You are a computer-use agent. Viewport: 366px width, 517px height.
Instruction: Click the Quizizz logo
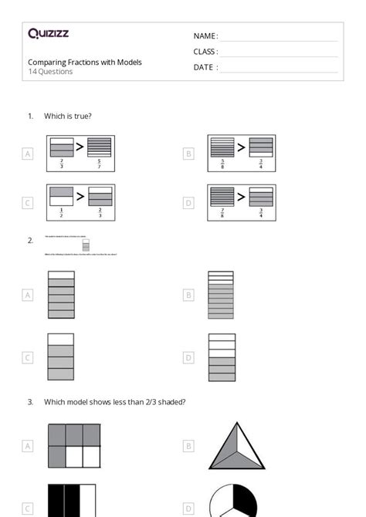tap(48, 33)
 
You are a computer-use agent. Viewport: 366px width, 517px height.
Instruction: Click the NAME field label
tap(205, 36)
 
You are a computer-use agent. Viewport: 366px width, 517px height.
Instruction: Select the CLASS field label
tap(205, 52)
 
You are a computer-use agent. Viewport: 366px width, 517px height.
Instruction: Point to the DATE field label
tap(205, 67)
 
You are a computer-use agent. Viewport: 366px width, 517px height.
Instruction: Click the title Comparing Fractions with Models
tap(85, 62)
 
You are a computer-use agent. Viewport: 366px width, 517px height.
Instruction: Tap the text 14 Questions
tap(50, 72)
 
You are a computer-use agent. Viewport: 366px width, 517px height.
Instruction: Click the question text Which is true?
tap(68, 117)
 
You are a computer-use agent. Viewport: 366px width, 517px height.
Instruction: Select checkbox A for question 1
tap(28, 154)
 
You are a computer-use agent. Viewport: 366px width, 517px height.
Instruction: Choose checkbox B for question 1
tap(188, 154)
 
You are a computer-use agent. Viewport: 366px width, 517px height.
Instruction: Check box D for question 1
tap(188, 203)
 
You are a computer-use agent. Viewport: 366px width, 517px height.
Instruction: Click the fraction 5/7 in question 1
tap(99, 163)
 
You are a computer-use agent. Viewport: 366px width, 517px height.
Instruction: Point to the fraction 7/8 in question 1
tap(222, 213)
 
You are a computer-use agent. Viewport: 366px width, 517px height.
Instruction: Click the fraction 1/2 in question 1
tap(61, 213)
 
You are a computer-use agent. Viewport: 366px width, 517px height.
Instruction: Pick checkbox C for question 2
tap(28, 357)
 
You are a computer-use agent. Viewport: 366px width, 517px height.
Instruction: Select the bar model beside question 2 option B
tap(222, 295)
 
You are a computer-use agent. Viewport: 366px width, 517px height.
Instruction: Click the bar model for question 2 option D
tap(222, 357)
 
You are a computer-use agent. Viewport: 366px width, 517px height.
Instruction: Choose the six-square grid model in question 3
tap(74, 445)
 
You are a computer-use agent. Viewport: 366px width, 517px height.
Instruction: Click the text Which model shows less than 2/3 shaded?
tap(114, 401)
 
